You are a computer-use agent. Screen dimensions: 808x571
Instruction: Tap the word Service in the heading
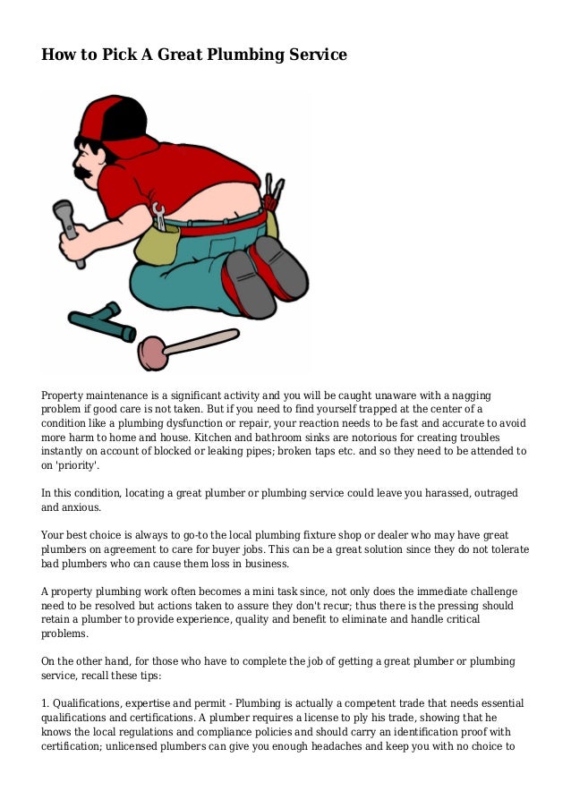coord(312,55)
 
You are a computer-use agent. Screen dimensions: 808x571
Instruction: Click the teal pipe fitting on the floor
coord(102,321)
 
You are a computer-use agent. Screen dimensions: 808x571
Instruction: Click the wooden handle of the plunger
coord(202,342)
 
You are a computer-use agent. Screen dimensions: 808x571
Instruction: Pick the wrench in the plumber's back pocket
coord(160,216)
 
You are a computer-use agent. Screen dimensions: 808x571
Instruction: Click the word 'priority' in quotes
coord(75,466)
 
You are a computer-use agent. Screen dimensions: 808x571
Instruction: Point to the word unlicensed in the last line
coord(141,747)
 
